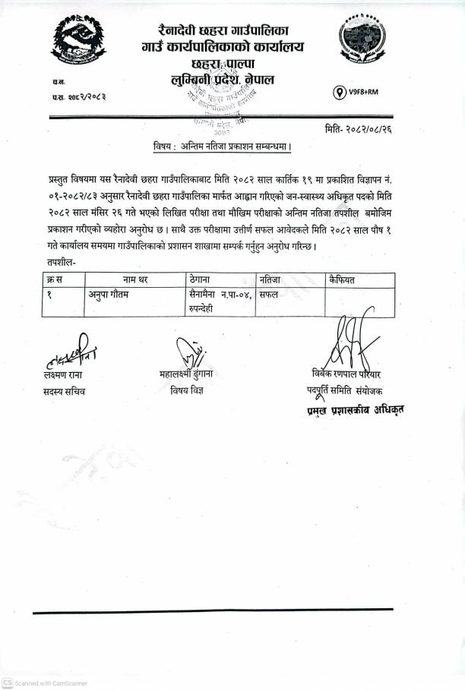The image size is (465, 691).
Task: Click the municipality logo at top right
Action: coord(363,45)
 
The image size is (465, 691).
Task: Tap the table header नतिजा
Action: coord(271,280)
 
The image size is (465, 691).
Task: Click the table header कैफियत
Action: coord(342,280)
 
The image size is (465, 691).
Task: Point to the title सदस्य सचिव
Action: coord(65,392)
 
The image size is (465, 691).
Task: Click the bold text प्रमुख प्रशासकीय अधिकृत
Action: coord(350,409)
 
